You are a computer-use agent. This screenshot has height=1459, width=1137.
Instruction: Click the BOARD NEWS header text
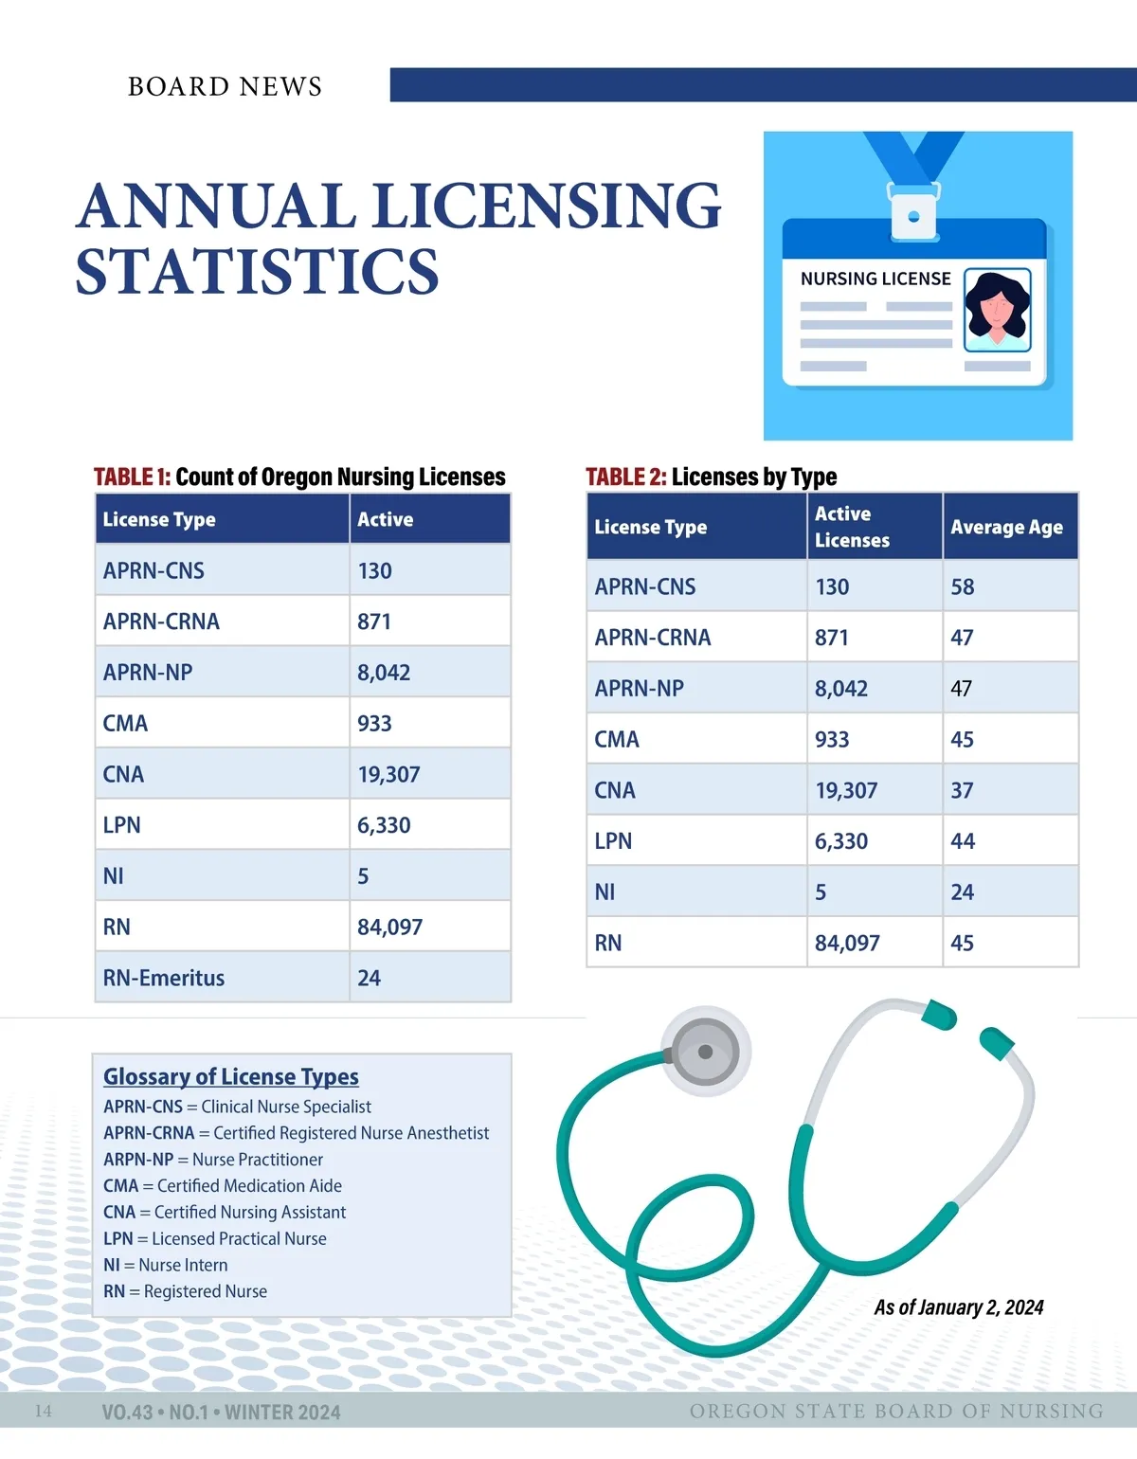225,86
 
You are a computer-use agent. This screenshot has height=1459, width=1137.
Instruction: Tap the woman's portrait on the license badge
997,309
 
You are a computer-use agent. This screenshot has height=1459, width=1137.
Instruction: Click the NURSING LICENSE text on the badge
875,279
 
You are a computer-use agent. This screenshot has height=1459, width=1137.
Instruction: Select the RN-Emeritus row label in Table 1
164,978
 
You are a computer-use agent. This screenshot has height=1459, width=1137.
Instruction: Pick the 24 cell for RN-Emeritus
370,978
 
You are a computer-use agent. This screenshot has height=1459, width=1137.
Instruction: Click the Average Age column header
1006,527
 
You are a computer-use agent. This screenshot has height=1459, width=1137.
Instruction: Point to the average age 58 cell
963,586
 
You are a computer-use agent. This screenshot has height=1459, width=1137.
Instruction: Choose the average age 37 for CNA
963,790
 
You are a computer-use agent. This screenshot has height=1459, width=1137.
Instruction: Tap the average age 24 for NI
963,892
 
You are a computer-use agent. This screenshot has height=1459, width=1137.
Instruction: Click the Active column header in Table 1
386,519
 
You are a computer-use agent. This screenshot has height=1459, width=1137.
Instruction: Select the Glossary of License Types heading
231,1076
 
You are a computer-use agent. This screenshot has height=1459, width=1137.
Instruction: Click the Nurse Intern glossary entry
166,1265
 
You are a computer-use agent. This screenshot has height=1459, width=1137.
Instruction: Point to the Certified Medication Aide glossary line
223,1185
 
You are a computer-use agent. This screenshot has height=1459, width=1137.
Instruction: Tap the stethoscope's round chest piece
705,1052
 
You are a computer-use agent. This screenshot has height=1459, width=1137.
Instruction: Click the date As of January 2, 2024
958,1307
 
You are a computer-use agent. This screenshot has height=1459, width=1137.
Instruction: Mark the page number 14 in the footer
44,1411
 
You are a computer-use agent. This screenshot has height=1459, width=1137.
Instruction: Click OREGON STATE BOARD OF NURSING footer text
896,1411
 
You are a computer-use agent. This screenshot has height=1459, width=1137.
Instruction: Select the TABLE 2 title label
625,477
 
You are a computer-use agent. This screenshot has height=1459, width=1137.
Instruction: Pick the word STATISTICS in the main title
258,272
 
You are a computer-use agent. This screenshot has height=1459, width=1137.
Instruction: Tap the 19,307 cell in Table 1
388,774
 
